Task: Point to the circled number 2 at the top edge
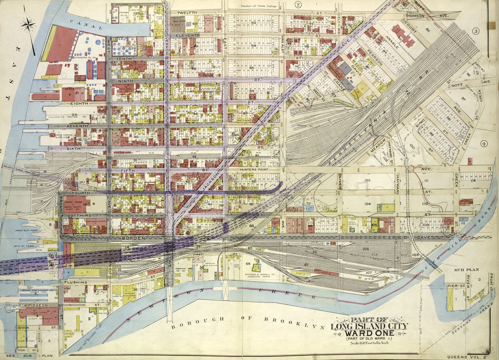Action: tap(298, 5)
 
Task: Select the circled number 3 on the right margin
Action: tap(476, 31)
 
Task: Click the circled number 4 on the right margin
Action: tap(484, 143)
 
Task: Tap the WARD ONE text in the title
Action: tap(370, 334)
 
